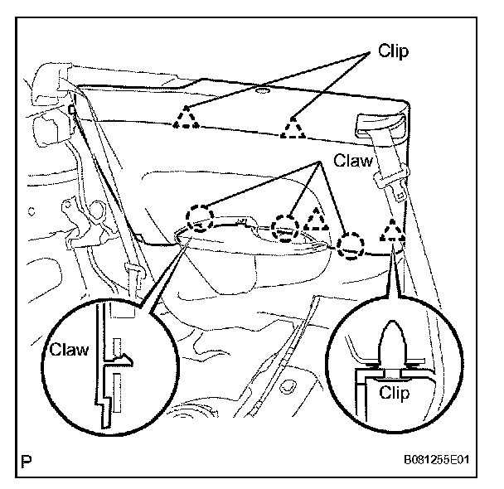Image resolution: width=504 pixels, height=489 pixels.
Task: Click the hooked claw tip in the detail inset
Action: tap(124, 358)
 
